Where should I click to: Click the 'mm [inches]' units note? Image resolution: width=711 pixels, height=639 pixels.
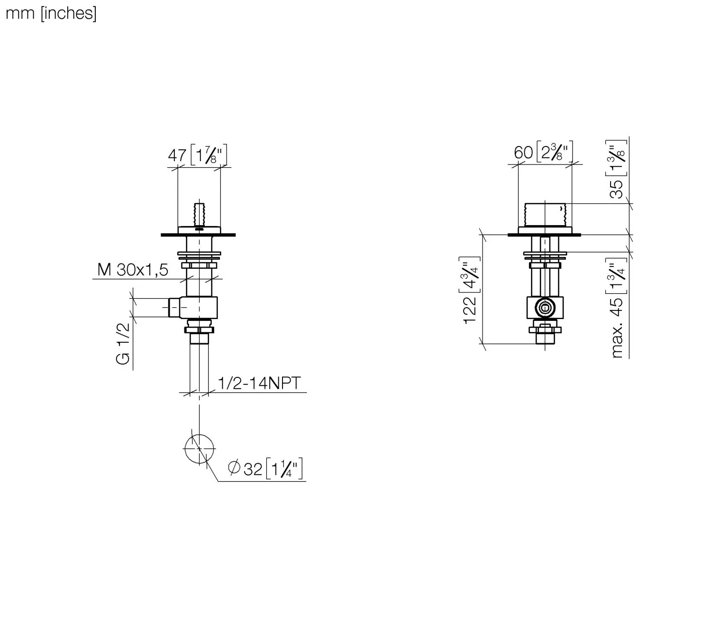pyautogui.click(x=51, y=14)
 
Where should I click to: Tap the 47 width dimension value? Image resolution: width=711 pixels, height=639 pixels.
pyautogui.click(x=177, y=155)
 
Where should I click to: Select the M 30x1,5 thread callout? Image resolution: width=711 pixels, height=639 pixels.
pyautogui.click(x=133, y=270)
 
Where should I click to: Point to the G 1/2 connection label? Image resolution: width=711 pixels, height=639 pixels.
pyautogui.click(x=123, y=343)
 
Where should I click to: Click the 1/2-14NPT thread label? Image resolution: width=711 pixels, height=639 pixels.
pyautogui.click(x=259, y=383)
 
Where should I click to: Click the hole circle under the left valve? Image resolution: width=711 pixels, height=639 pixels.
pyautogui.click(x=199, y=448)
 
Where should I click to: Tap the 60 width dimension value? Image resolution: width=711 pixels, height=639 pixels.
pyautogui.click(x=523, y=153)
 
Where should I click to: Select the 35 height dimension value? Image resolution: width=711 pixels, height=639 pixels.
pyautogui.click(x=616, y=189)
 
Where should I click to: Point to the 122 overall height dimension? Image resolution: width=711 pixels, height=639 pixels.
pyautogui.click(x=470, y=310)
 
